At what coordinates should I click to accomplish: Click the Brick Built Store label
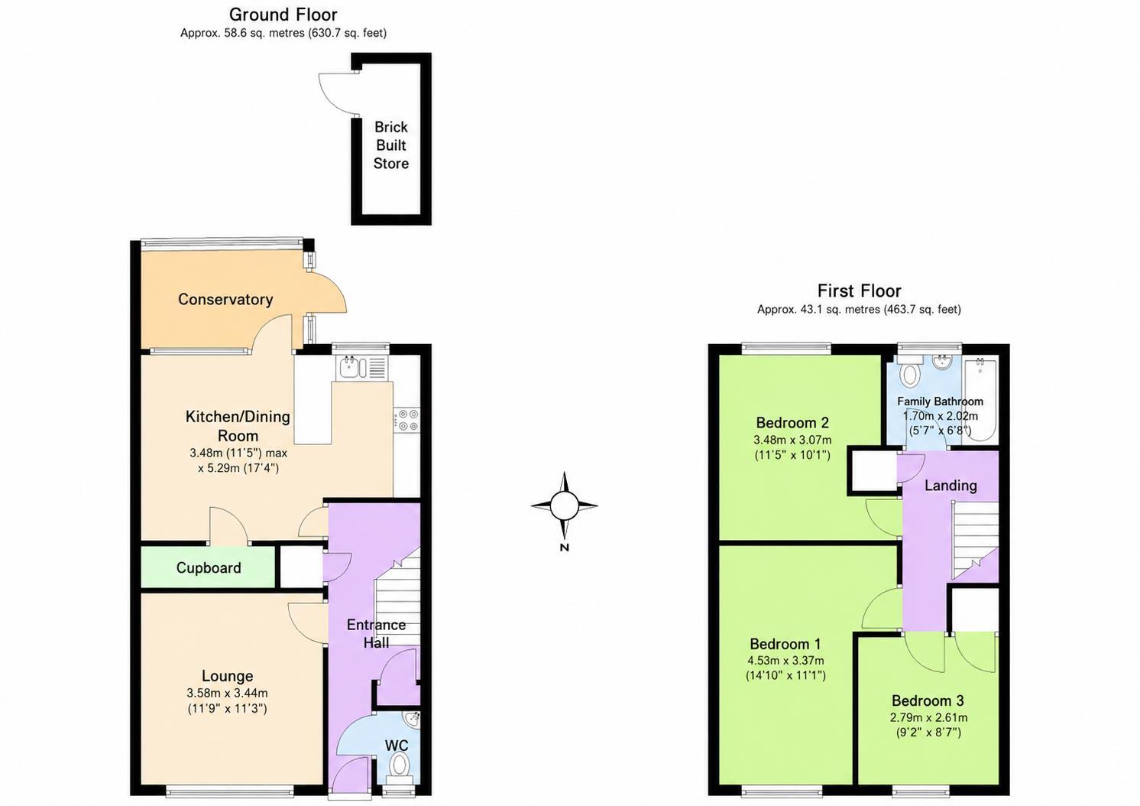click(391, 145)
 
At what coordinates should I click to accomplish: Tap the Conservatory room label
click(225, 299)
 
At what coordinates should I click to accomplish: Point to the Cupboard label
click(209, 567)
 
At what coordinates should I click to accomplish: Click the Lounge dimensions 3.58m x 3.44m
click(227, 693)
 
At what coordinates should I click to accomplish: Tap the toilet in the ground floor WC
click(400, 769)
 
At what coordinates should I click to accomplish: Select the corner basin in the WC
click(413, 720)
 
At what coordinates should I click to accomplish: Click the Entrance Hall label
click(376, 634)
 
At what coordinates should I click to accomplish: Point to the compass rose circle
click(564, 506)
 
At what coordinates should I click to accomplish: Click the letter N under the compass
click(564, 548)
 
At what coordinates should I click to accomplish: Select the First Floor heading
click(859, 291)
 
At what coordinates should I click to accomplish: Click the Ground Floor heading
click(283, 15)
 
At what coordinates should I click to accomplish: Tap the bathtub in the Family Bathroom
click(980, 399)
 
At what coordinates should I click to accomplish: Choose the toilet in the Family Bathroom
click(909, 371)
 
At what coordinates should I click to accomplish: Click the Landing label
click(951, 486)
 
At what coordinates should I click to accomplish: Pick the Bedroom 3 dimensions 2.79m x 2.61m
click(929, 718)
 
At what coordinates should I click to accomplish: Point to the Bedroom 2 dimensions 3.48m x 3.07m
click(792, 440)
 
